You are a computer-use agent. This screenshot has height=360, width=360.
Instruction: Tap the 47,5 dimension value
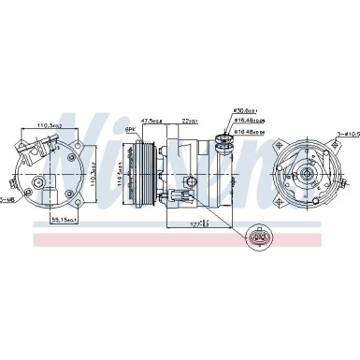coord(151,120)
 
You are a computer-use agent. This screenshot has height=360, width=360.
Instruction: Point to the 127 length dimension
coord(195,224)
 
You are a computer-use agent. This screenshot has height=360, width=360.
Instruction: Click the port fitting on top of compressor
coord(221,143)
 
